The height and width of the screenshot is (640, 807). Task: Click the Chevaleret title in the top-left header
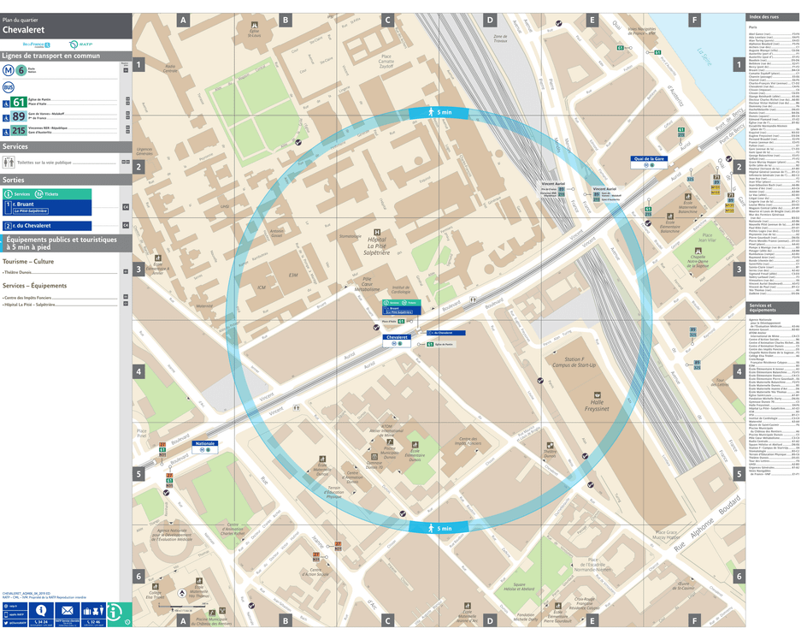tap(25, 29)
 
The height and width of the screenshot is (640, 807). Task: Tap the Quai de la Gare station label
tap(649, 159)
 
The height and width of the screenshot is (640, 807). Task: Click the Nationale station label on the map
tap(205, 444)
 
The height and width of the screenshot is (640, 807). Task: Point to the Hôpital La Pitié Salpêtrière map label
tap(376, 248)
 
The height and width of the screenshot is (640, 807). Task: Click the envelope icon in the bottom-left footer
tap(66, 611)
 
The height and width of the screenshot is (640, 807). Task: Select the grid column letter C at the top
tap(387, 20)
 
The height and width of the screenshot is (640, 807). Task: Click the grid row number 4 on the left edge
tap(138, 371)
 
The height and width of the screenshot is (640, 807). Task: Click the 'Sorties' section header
tap(15, 181)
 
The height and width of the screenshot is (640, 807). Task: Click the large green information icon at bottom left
tap(119, 613)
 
